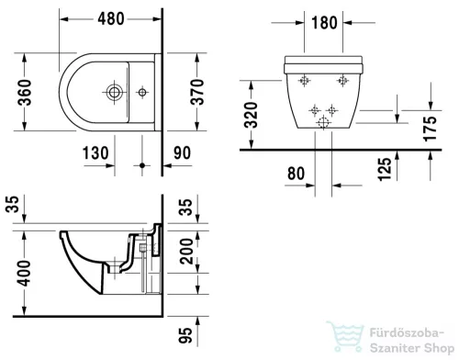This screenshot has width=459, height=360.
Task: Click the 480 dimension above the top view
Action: click(x=111, y=16)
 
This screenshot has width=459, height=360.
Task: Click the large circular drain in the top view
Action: click(x=113, y=92)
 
